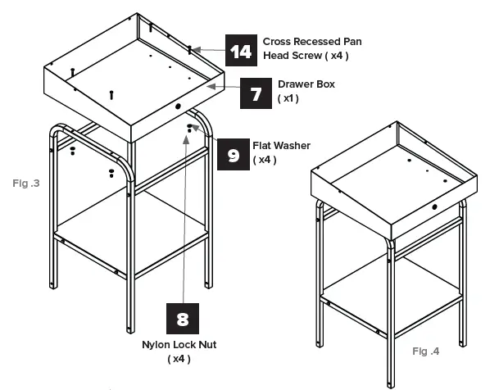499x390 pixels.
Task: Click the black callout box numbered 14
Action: (240, 52)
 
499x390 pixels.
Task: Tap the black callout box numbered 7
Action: (256, 93)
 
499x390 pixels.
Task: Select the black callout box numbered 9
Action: (234, 154)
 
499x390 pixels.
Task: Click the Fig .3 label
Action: (26, 183)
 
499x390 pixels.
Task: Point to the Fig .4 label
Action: (426, 351)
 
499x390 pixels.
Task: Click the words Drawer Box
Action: (306, 84)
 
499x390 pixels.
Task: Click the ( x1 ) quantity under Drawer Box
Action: (288, 98)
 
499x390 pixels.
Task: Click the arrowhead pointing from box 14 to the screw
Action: (193, 50)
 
